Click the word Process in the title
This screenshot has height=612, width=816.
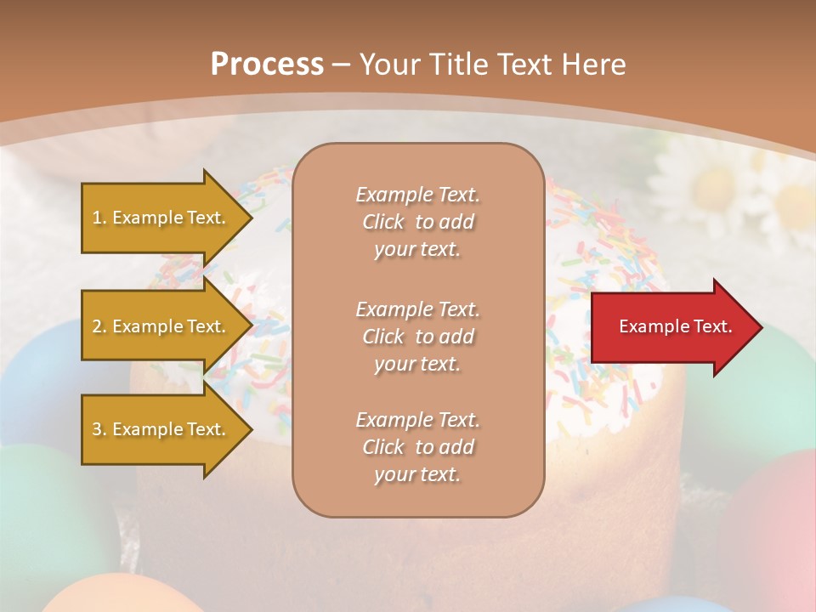point(267,65)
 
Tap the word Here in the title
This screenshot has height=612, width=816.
point(592,65)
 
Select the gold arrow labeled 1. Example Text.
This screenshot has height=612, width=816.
point(161,218)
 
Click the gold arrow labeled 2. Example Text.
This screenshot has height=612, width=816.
point(161,326)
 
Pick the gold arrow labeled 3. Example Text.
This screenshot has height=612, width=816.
point(161,429)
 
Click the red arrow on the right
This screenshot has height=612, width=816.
point(671,327)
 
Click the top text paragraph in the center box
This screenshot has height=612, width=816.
point(417,222)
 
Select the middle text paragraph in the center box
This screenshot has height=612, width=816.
point(417,336)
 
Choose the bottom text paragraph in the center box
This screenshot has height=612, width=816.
point(417,447)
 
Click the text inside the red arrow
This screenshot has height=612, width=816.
point(675,326)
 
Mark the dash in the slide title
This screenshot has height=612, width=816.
point(342,65)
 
